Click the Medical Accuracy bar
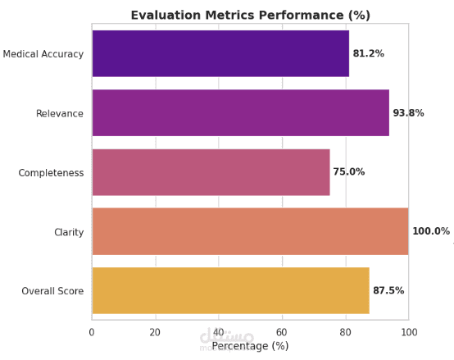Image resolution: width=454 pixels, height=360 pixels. [x=220, y=53]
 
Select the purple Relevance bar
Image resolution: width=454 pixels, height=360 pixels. [x=241, y=112]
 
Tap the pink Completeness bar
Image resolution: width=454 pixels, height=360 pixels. [x=211, y=172]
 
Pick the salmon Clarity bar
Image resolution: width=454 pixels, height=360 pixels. [x=251, y=231]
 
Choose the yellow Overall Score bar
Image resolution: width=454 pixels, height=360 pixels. [x=231, y=290]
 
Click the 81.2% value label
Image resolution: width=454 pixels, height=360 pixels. [x=368, y=53]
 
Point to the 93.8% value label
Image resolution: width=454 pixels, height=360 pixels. [x=408, y=112]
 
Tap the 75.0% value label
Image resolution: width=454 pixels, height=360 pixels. [x=349, y=171]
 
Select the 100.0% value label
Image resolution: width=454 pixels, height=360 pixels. [x=431, y=231]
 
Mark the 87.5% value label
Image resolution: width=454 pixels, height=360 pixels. [x=388, y=290]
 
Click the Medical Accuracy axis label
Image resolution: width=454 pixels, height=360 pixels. [x=43, y=54]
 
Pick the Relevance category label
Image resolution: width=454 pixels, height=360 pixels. [x=60, y=113]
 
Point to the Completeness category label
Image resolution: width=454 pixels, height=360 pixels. [x=51, y=173]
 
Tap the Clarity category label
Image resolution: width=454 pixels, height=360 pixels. [x=69, y=232]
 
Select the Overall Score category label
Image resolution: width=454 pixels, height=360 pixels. [x=52, y=291]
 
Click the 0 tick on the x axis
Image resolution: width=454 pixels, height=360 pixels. [x=92, y=332]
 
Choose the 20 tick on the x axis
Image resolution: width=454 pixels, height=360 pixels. [x=155, y=332]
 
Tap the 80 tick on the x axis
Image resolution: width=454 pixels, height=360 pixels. [x=346, y=332]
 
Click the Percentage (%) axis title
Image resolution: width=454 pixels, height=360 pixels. [x=250, y=346]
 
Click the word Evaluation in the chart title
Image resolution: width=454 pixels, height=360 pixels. [x=166, y=15]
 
